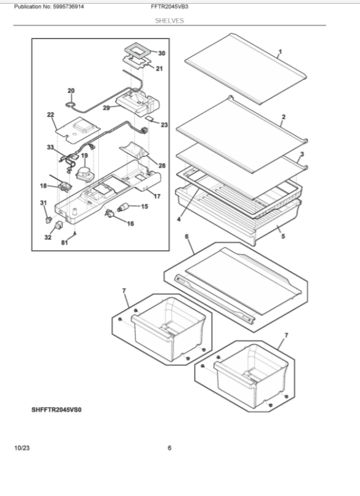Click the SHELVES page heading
(x=169, y=21)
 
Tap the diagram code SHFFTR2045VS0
(x=56, y=410)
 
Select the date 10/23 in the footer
(x=22, y=448)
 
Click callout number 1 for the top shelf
(x=280, y=51)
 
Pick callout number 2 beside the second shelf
(x=284, y=116)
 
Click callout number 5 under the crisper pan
(x=283, y=236)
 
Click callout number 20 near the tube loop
(x=71, y=91)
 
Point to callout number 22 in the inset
(x=50, y=114)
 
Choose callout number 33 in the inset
(x=50, y=147)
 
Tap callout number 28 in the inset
(x=162, y=165)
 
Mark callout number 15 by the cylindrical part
(x=145, y=207)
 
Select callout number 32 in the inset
(x=48, y=238)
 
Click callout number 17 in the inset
(x=157, y=196)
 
